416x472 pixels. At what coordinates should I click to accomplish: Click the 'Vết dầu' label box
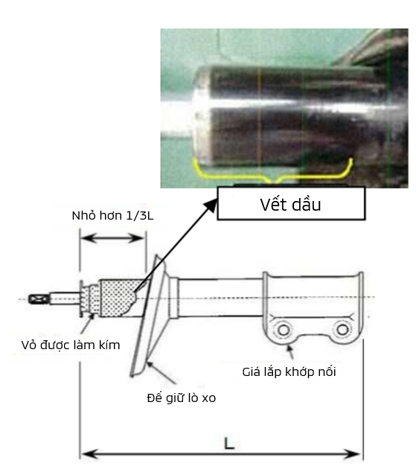point(291,203)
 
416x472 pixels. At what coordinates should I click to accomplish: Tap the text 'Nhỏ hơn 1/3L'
point(112,216)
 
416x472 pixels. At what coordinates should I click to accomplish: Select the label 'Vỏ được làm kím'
point(71,345)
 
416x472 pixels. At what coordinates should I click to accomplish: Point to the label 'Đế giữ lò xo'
point(182,398)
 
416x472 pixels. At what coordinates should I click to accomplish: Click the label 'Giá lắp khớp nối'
point(289,372)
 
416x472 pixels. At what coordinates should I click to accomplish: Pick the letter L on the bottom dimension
point(229,444)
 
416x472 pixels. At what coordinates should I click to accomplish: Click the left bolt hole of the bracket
point(284,330)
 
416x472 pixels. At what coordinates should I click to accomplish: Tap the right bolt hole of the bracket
point(342,329)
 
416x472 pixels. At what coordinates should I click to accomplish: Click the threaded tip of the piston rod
point(39,299)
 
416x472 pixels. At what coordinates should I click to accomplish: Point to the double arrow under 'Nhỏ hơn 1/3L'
point(112,238)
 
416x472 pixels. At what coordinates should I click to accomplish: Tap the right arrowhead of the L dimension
point(353,453)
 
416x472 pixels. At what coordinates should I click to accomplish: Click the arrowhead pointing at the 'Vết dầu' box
point(211,205)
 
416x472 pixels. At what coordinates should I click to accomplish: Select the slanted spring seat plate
point(148,316)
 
